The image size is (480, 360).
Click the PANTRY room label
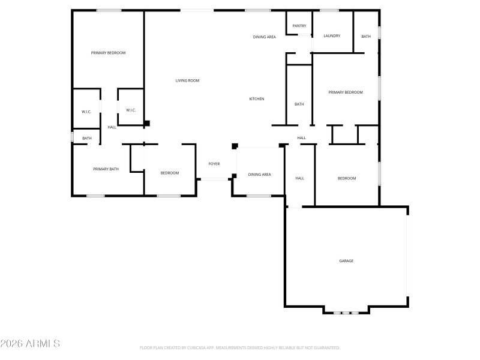click(x=299, y=26)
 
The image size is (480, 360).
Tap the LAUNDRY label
click(x=332, y=36)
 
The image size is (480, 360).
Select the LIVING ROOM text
click(x=187, y=80)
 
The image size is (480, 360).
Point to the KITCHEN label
click(x=257, y=99)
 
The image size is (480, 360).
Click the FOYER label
click(x=214, y=164)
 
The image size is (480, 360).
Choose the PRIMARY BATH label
click(x=106, y=169)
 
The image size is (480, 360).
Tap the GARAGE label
click(x=346, y=261)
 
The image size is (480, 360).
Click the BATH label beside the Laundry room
click(x=366, y=37)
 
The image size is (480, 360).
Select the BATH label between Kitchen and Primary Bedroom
click(x=299, y=104)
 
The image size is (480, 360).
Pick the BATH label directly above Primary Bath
click(x=87, y=139)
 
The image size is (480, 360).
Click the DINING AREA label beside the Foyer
click(x=260, y=175)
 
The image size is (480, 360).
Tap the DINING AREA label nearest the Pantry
click(x=264, y=37)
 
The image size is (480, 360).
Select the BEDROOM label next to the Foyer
click(x=170, y=173)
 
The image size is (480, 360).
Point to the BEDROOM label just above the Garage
click(x=347, y=178)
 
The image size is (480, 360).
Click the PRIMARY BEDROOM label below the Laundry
click(x=346, y=92)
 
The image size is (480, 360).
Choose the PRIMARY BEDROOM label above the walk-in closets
click(x=108, y=53)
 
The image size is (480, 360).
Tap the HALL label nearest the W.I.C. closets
click(x=112, y=127)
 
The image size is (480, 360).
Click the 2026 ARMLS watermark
click(x=30, y=344)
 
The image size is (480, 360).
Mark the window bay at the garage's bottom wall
click(x=346, y=313)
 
